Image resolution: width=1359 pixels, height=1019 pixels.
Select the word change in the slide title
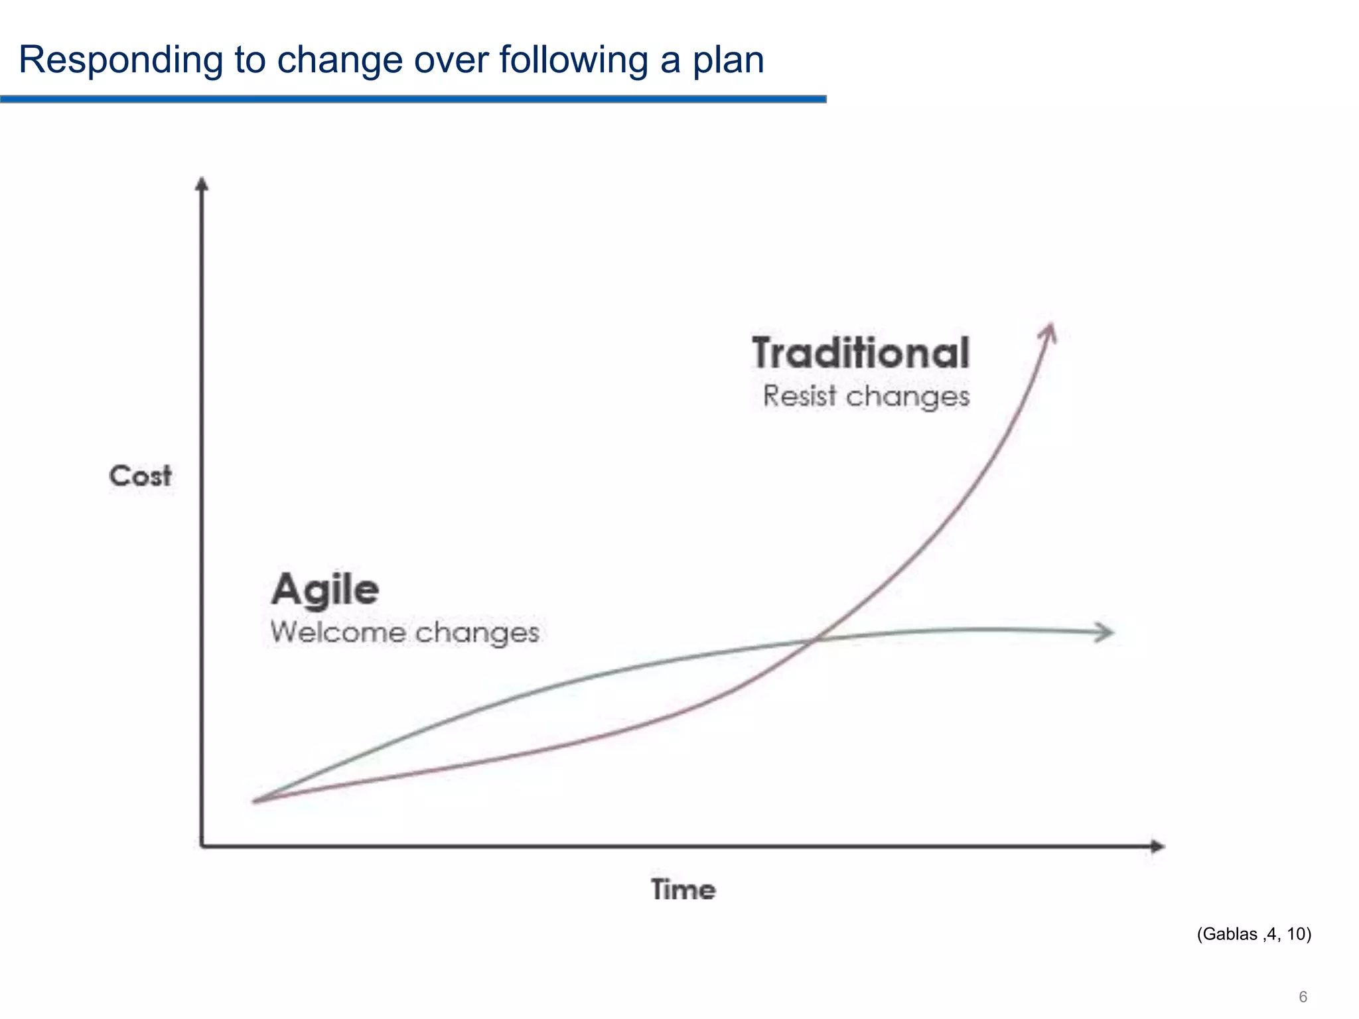339,61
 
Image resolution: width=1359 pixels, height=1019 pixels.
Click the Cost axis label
140,476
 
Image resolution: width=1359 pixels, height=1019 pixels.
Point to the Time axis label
683,890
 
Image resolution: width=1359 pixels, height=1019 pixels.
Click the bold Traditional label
861,353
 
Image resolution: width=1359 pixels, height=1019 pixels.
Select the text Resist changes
865,397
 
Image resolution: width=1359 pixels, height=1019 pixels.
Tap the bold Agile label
325,590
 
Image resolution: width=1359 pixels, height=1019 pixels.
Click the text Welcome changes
405,632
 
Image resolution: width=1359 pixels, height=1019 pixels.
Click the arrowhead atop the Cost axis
202,183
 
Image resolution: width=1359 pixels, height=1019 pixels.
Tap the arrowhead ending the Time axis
1157,847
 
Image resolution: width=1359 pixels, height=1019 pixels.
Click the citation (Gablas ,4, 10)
1253,934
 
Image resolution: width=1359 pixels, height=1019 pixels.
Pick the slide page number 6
1303,997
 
